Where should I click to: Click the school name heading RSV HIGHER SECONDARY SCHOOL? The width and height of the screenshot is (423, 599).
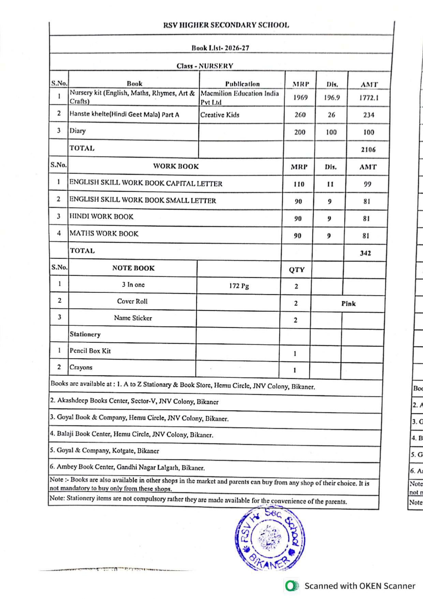(x=226, y=25)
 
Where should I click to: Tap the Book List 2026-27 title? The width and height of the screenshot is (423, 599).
(x=220, y=48)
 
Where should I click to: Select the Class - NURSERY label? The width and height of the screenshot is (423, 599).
(x=205, y=66)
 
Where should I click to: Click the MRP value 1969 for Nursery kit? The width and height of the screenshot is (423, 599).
(x=300, y=98)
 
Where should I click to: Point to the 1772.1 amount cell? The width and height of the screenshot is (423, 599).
(x=368, y=98)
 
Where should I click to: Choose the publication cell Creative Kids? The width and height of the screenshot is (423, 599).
(x=220, y=115)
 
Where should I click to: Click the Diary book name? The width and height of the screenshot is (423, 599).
(x=77, y=131)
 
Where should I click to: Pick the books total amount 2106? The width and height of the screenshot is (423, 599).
(x=368, y=149)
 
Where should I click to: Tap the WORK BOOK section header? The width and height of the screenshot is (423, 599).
(x=176, y=166)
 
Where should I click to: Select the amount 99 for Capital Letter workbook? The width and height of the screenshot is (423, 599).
(x=367, y=184)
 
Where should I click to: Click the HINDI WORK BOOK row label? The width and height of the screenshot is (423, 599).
(x=101, y=216)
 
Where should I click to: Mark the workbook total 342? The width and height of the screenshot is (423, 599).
(x=365, y=253)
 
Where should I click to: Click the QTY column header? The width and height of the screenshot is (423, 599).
(x=296, y=270)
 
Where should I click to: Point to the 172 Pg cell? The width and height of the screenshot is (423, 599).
(x=239, y=286)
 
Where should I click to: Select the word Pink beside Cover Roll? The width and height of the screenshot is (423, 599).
(x=348, y=303)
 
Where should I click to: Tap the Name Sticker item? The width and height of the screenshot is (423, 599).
(x=133, y=318)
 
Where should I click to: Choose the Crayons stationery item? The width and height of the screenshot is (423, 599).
(x=81, y=367)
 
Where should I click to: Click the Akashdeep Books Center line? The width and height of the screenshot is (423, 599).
(x=134, y=401)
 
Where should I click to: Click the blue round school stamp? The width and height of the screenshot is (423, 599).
(x=269, y=538)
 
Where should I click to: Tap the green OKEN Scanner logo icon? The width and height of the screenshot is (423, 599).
(x=291, y=586)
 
